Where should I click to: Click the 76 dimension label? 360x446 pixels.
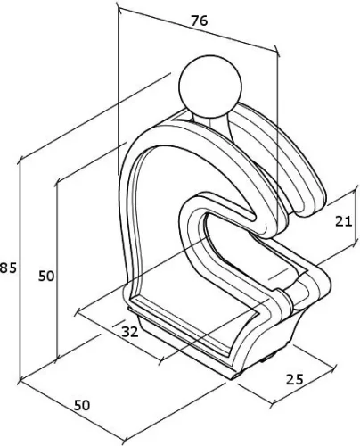[x=200, y=21]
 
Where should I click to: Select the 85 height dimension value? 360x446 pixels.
[x=8, y=268]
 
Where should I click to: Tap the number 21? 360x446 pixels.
[x=343, y=221]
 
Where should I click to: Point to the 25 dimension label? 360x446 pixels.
[x=295, y=379]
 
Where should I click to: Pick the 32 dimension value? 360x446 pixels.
[x=130, y=332]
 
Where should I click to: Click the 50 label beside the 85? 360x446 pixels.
[x=46, y=277]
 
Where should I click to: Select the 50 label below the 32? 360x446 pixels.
[x=82, y=405]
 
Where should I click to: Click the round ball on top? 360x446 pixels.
[x=210, y=87]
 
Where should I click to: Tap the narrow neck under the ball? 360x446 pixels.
[x=211, y=122]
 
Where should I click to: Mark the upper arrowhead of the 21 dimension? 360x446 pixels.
[x=355, y=192]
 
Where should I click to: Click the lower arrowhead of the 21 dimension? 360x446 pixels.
[x=355, y=244]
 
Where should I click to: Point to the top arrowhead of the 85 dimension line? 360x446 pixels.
[x=20, y=163]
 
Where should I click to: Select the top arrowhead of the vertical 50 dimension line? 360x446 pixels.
[x=57, y=184]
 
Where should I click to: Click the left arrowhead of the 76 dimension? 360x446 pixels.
[x=119, y=9]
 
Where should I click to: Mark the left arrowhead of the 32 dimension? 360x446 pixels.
[x=78, y=312]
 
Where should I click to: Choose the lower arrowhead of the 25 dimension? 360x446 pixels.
[x=273, y=402]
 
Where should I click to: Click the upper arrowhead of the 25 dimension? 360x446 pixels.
[x=334, y=366]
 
